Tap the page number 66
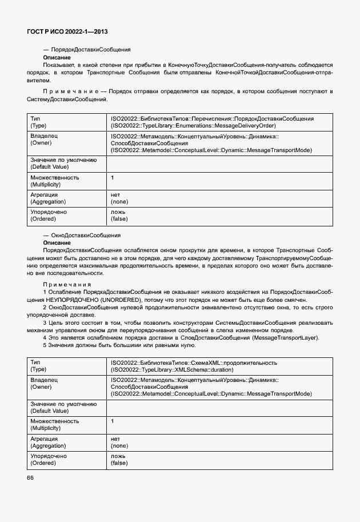(30, 477)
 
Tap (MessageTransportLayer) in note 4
(285, 337)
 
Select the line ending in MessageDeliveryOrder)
(193, 125)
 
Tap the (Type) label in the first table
(38, 125)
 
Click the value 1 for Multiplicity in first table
(113, 177)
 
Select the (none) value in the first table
(119, 202)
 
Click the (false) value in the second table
(119, 463)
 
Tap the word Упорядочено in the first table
(48, 212)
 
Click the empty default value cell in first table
(220, 164)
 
